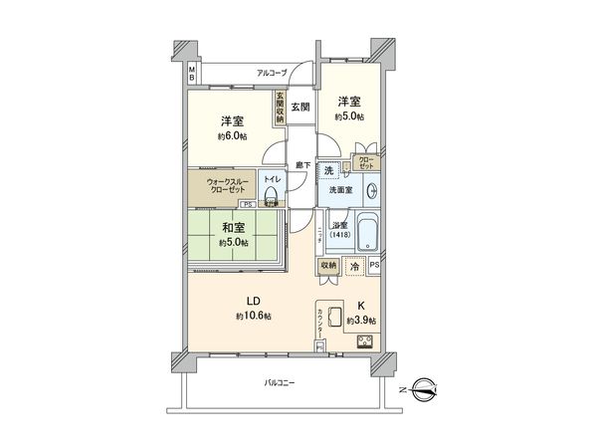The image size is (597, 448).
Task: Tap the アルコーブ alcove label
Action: [x=272, y=73]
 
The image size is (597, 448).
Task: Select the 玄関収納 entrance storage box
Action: [x=281, y=107]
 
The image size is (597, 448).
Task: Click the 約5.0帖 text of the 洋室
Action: [x=348, y=116]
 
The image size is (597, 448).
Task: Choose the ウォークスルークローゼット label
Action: [x=227, y=186]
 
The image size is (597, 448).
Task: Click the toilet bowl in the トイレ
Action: [x=270, y=193]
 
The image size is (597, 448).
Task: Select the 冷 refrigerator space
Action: [x=353, y=266]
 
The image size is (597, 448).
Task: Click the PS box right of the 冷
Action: [x=374, y=266]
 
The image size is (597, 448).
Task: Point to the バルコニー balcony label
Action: [x=278, y=382]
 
